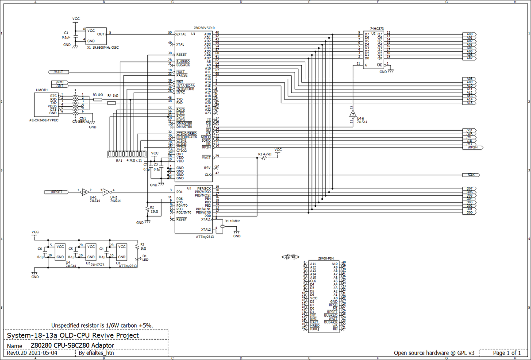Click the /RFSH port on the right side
[473, 147]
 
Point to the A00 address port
[470, 34]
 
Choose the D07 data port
[470, 188]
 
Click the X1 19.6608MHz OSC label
[103, 47]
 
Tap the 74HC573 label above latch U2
[377, 28]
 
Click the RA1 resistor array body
[125, 154]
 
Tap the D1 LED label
[144, 257]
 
